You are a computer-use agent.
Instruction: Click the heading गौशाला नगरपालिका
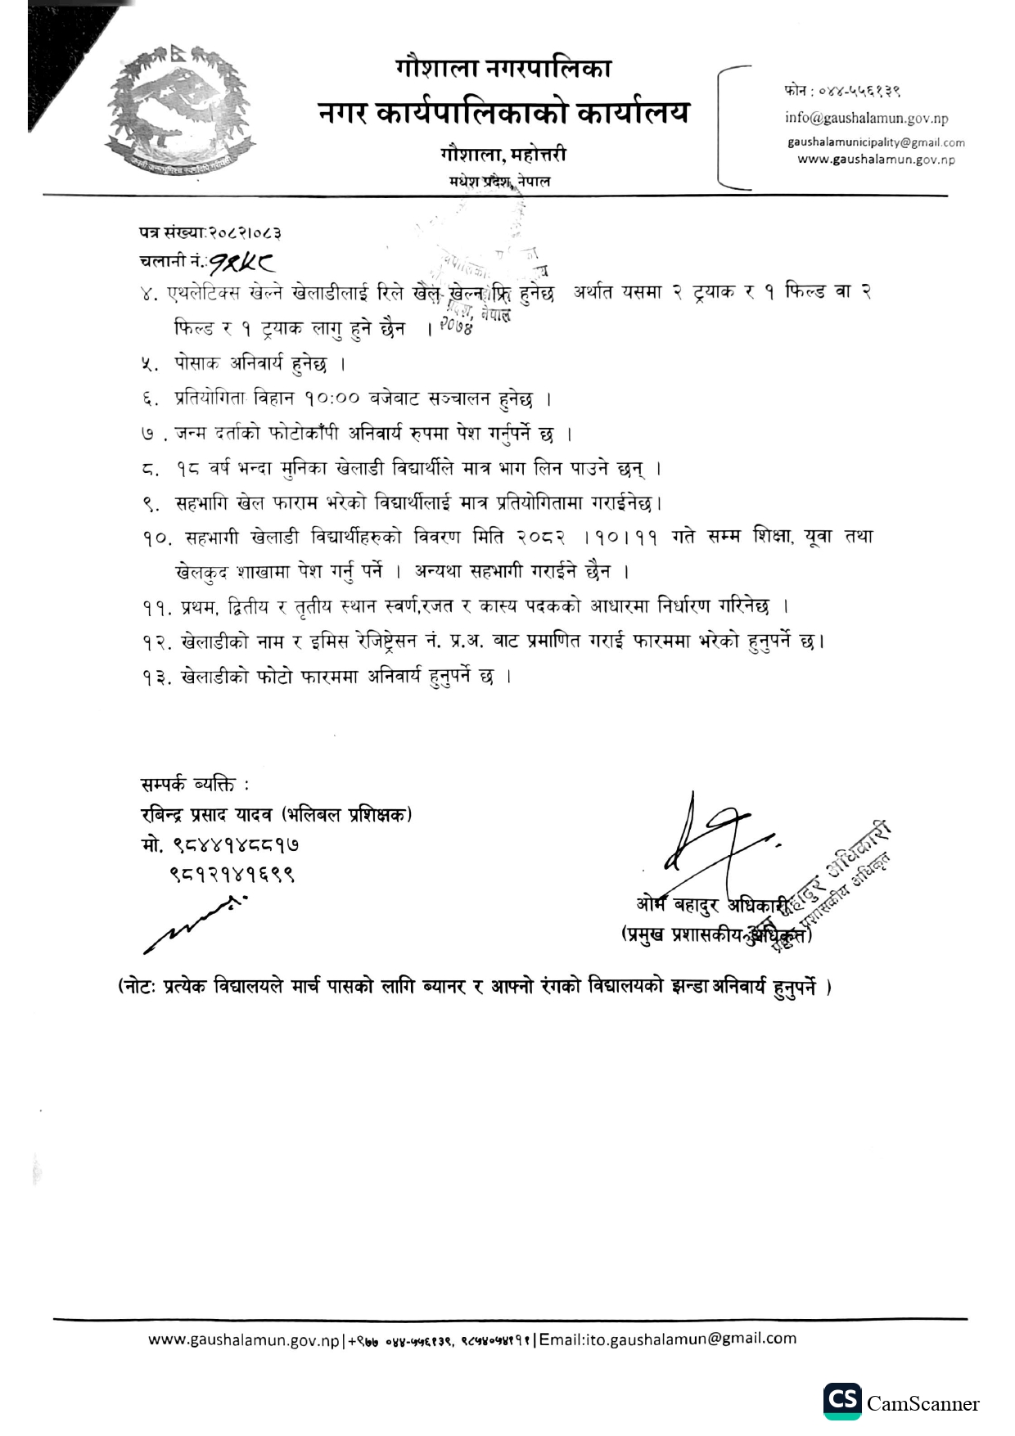coord(503,68)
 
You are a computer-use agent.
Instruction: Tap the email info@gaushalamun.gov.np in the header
coord(866,118)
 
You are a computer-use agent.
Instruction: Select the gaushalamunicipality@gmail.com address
coord(876,142)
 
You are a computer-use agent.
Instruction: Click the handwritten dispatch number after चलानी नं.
coord(242,262)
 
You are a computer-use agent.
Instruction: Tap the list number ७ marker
coord(148,434)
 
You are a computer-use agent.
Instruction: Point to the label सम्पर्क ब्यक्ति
coord(195,786)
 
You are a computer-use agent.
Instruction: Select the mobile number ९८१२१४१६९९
coord(232,874)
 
